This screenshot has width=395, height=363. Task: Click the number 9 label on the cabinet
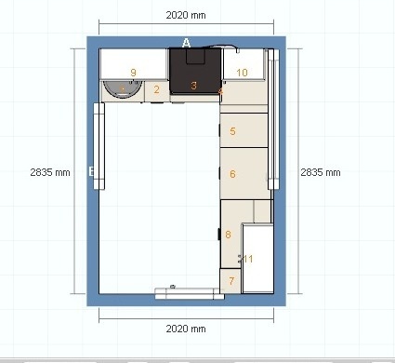[x=133, y=73]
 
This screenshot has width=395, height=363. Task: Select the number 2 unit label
[x=156, y=89]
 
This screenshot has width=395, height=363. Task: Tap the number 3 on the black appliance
[x=193, y=86]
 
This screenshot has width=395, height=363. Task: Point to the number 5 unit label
[x=232, y=131]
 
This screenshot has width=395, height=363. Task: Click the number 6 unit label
[x=232, y=174]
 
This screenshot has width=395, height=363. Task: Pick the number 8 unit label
[x=228, y=235]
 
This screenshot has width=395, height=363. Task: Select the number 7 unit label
[x=231, y=281]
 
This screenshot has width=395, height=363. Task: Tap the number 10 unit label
[x=242, y=73]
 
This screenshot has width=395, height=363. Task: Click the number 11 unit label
[x=248, y=259]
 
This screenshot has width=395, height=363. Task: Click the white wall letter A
[x=186, y=43]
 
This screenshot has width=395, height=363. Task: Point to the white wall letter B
[x=91, y=171]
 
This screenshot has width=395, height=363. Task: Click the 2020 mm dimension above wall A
[x=186, y=15]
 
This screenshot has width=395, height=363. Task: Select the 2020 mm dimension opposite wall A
[x=186, y=329]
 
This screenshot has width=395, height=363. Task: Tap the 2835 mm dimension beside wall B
[x=50, y=172]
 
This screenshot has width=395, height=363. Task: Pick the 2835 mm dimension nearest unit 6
[x=321, y=172]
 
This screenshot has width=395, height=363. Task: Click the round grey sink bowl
[x=123, y=89]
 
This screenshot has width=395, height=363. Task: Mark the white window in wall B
[x=99, y=146]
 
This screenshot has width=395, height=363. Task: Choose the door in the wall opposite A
[x=190, y=293]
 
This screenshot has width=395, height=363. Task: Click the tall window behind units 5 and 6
[x=273, y=119]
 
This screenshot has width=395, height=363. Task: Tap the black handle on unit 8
[x=219, y=235]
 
